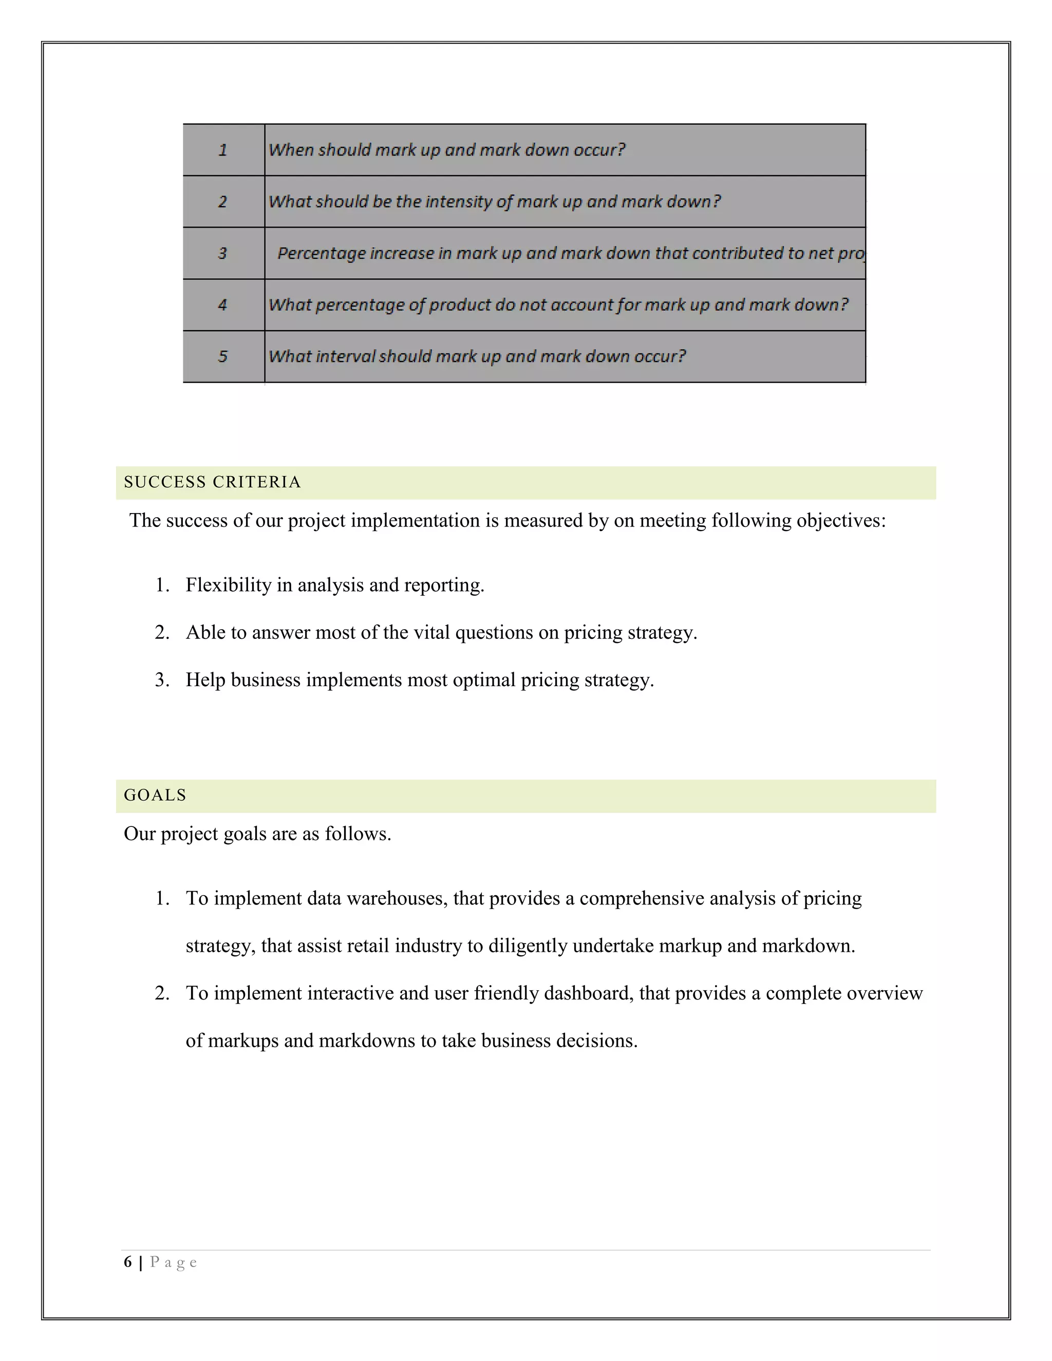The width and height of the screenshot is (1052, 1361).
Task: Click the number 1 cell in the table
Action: (x=222, y=150)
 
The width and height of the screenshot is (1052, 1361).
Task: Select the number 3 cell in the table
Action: (x=222, y=254)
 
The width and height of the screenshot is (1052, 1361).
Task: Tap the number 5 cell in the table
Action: (x=222, y=356)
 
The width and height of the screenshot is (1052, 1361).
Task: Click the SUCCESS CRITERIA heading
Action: (x=213, y=482)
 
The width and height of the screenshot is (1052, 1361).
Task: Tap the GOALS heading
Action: (x=155, y=795)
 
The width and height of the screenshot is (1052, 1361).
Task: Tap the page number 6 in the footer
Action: (x=128, y=1262)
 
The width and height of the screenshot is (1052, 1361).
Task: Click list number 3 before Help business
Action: (x=161, y=680)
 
